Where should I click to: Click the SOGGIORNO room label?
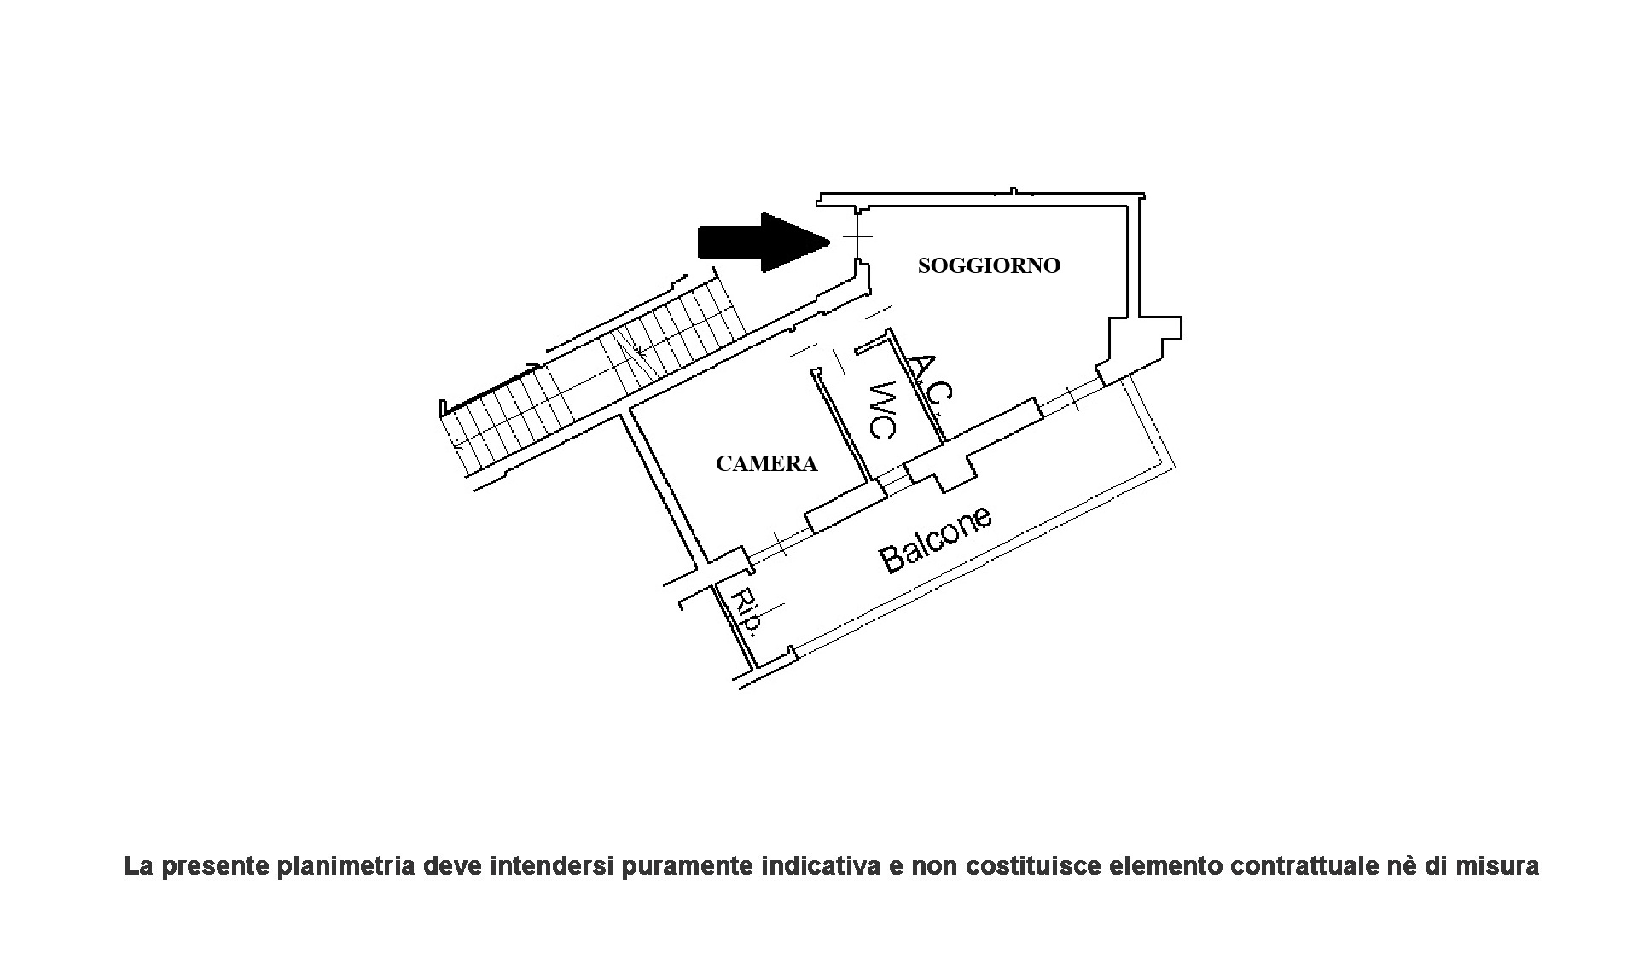989,265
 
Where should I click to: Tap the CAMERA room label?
766,463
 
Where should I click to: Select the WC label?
880,409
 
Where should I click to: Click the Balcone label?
936,540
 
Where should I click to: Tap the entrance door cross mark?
857,236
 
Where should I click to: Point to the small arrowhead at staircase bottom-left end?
459,444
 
